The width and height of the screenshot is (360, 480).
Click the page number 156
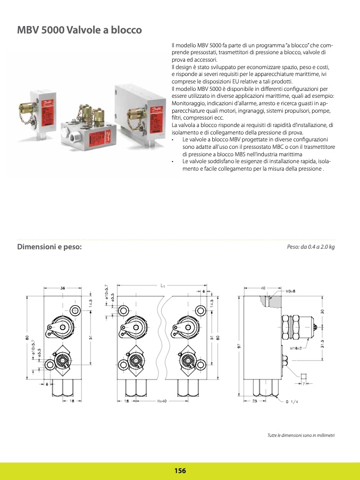(180, 470)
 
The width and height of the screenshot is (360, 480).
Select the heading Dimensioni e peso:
(50, 247)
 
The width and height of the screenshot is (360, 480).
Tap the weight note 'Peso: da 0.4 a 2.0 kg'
(311, 248)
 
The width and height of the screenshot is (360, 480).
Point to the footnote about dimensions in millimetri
(300, 436)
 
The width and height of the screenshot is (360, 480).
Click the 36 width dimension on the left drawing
(63, 288)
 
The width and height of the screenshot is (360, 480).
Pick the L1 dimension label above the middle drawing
(163, 285)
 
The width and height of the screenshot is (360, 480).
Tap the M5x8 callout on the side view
(290, 291)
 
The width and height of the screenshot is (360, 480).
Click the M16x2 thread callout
(295, 349)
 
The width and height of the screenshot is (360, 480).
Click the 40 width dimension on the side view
(263, 288)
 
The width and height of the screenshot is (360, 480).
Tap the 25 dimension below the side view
(255, 401)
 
